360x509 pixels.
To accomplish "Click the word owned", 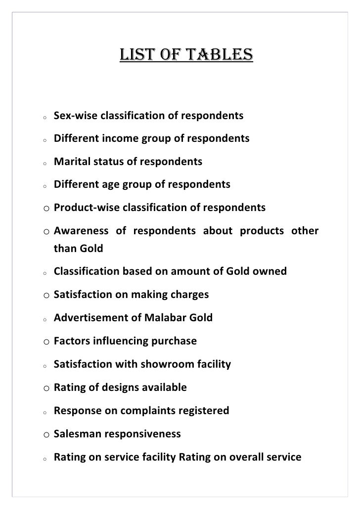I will click(270, 272).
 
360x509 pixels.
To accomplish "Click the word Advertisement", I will click(91, 318).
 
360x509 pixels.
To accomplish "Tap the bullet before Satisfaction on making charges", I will click(45, 296).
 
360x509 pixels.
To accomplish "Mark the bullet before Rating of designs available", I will click(45, 388).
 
